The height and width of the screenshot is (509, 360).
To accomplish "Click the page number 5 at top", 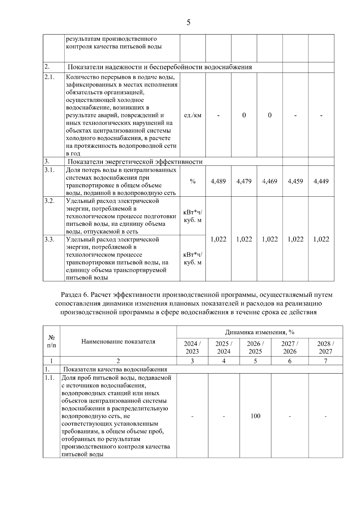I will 188,22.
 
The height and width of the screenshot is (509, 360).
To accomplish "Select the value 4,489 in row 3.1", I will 218,181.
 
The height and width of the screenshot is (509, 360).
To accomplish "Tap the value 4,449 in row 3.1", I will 321,181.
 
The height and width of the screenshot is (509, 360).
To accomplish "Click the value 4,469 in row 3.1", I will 270,181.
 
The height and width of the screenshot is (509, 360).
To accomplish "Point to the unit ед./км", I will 193,115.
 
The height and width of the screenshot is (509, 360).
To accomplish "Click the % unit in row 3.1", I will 193,181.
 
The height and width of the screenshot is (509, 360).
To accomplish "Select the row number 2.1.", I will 49,77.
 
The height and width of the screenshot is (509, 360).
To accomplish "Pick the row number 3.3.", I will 49,239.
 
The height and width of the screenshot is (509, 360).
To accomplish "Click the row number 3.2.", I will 49,201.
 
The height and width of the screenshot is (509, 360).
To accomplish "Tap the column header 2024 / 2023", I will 192,347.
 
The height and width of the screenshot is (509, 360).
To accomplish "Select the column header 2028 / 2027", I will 325,347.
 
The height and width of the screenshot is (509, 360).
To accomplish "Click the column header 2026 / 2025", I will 255,347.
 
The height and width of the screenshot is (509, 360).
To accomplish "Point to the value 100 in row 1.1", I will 255,416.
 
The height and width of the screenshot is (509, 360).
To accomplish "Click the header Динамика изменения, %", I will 260,332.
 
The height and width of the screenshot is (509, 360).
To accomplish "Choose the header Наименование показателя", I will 118,341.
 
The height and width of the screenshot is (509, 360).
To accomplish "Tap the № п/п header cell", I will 52,341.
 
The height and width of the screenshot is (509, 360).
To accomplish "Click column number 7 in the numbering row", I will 325,361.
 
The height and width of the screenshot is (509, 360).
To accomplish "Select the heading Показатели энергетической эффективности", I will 135,162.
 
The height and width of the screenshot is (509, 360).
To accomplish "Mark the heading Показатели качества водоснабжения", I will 115,369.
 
